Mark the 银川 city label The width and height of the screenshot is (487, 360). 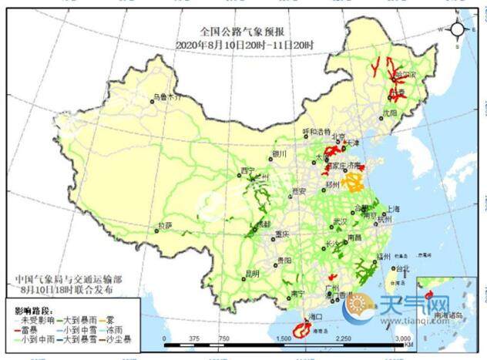click(x=279, y=153)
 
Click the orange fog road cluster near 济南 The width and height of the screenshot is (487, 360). click(x=354, y=182)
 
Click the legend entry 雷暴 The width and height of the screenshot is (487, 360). click(x=31, y=328)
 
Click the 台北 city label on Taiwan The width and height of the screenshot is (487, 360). click(x=402, y=269)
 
